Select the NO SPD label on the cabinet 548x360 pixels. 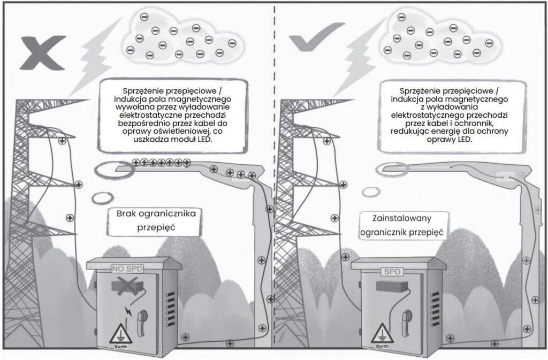point(127,269)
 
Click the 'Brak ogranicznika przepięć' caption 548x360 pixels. point(156,220)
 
